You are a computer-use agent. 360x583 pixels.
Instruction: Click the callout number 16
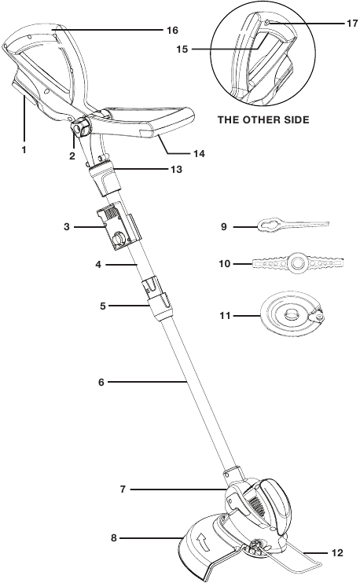(x=173, y=30)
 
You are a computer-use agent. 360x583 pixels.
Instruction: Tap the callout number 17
(x=352, y=24)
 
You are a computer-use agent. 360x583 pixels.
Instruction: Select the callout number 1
(x=24, y=150)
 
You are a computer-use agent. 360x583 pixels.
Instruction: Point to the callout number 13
(x=176, y=169)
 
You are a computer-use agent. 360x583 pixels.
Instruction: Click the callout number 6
(x=101, y=382)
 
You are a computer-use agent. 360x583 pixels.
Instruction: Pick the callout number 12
(x=337, y=553)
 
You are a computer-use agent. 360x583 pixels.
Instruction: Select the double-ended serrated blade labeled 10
(x=298, y=263)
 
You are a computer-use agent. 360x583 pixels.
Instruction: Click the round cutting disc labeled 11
(x=292, y=315)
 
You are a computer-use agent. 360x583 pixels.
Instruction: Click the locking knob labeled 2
(x=79, y=126)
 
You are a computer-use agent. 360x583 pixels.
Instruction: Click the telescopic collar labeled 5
(x=160, y=300)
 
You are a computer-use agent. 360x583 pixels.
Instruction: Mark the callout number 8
(x=114, y=537)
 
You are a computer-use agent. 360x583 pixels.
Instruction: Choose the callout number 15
(x=182, y=49)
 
